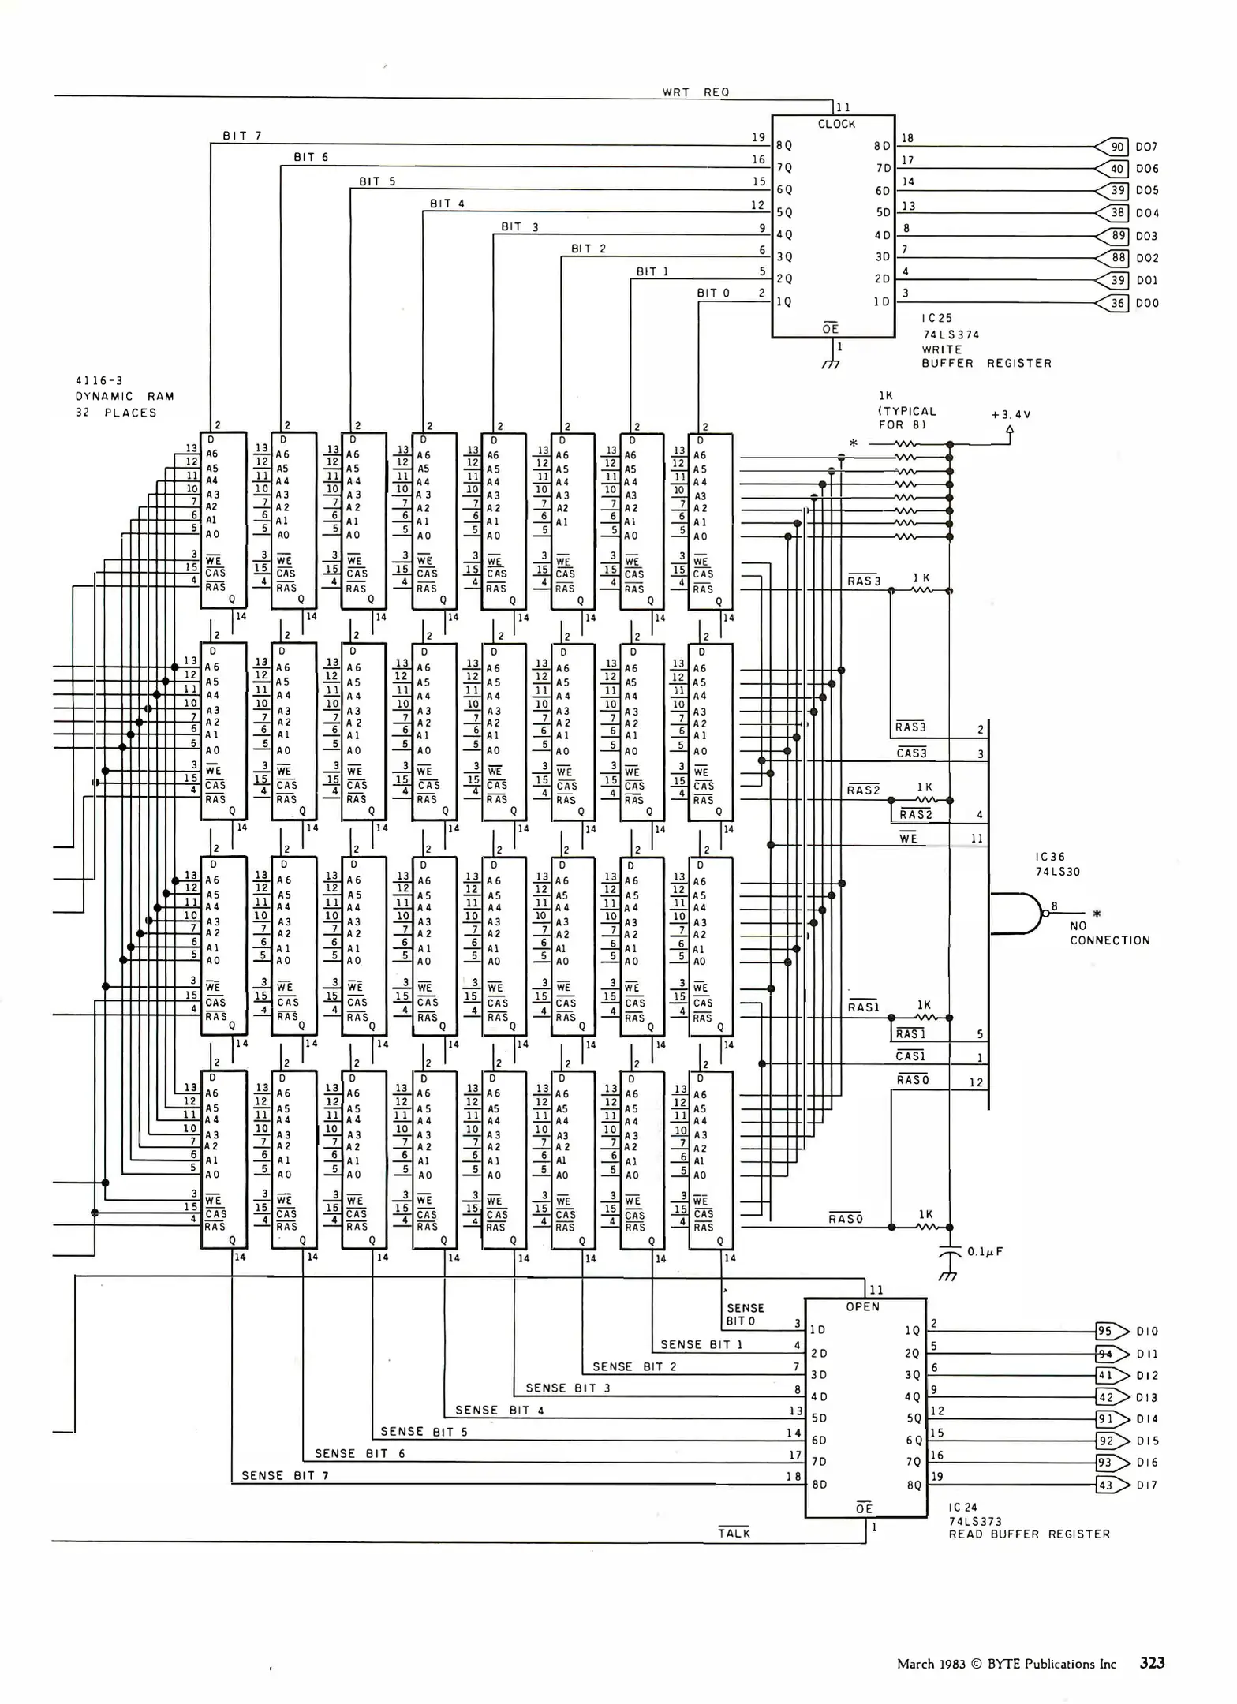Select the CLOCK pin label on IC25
tap(836, 125)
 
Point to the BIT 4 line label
tap(447, 204)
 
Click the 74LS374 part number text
tap(951, 334)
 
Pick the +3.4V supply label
tap(1011, 414)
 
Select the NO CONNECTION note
tap(1109, 933)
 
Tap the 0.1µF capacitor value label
tap(985, 1252)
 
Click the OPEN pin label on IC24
tap(862, 1307)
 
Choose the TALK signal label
tap(734, 1534)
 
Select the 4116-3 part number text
tap(99, 381)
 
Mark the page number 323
tap(1152, 1663)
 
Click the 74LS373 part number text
tap(975, 1521)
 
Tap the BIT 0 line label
tap(713, 293)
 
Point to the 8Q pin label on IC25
tap(784, 146)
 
